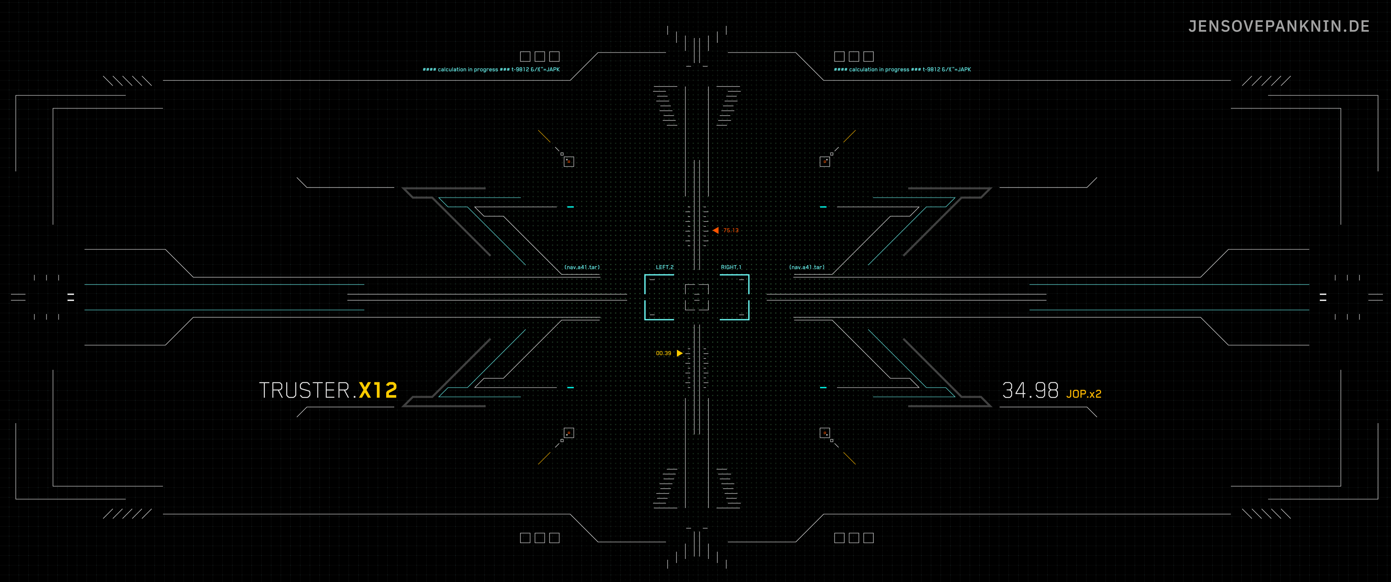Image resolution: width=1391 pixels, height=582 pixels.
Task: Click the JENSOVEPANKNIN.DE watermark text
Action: (1278, 26)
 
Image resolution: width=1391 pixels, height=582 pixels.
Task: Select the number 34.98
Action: (1030, 390)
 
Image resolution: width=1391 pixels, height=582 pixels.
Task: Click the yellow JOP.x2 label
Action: (1083, 394)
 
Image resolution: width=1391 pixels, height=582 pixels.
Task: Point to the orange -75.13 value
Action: (731, 230)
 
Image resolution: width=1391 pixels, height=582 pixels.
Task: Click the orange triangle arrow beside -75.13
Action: (715, 230)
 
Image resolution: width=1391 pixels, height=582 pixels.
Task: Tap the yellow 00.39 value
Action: (663, 354)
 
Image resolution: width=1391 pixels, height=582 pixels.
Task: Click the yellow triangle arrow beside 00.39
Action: (680, 353)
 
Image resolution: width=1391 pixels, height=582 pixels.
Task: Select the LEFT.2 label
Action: (664, 267)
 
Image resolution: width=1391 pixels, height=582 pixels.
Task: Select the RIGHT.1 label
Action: (731, 267)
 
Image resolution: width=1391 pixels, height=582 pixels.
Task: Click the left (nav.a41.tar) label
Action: (581, 267)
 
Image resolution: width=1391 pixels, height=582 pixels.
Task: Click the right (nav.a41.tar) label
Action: (807, 267)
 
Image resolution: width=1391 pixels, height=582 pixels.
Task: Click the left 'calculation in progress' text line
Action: (491, 70)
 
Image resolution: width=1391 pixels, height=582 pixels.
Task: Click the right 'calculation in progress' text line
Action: (902, 70)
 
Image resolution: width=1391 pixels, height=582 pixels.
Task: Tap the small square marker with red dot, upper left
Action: (569, 161)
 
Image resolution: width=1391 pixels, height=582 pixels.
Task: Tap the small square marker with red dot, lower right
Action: (824, 433)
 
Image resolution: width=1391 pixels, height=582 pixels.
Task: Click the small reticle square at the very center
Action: (697, 297)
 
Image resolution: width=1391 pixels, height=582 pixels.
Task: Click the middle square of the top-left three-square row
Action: (539, 56)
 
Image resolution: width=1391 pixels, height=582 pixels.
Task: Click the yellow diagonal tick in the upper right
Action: (850, 136)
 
